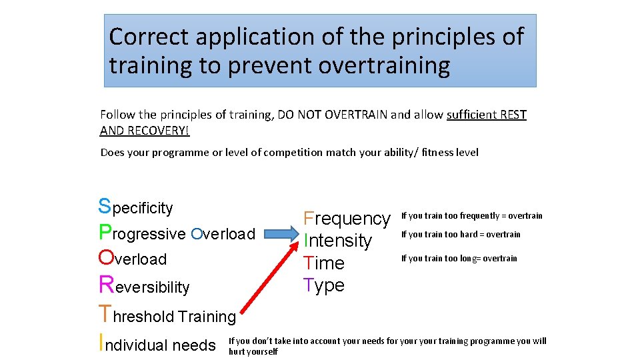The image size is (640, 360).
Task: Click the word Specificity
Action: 135,207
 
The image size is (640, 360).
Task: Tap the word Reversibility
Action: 144,287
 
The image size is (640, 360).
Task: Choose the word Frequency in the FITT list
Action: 347,218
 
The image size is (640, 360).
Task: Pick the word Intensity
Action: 337,241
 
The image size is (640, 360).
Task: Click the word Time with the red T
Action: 324,263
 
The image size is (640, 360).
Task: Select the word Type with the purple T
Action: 324,285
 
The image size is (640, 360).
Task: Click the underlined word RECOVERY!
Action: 144,131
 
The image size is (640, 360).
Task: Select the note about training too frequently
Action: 471,216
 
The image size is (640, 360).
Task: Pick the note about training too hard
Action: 461,235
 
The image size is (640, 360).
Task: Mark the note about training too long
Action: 459,259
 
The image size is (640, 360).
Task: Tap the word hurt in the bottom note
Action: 238,351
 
